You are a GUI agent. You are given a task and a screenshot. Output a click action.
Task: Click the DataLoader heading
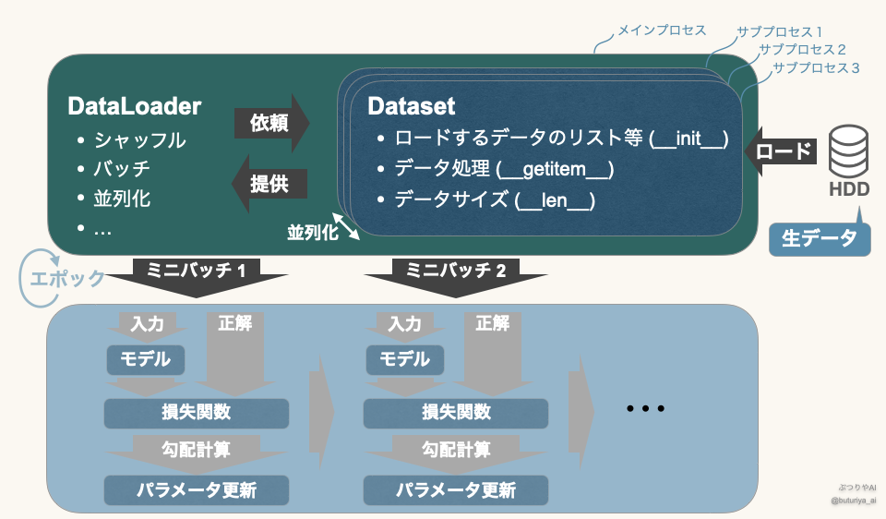(135, 106)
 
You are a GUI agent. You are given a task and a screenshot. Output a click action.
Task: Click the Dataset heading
(412, 106)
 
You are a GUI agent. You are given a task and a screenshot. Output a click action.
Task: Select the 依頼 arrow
(270, 122)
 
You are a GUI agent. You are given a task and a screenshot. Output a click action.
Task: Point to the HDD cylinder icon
(848, 151)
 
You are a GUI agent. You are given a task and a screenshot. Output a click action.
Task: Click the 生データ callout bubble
(820, 237)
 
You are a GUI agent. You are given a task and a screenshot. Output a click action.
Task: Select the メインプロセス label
(662, 30)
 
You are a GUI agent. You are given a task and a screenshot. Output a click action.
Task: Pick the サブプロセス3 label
(816, 67)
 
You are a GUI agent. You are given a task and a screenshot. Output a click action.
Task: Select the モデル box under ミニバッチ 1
(146, 359)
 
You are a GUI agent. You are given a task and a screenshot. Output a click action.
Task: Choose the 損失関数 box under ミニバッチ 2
(456, 413)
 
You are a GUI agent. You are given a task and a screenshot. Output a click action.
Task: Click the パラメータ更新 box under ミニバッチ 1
(198, 489)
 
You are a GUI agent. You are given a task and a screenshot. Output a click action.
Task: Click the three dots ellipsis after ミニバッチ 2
(645, 408)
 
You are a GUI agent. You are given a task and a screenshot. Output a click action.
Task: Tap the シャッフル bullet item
(139, 140)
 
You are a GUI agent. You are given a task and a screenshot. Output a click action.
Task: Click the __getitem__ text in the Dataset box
(555, 169)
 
